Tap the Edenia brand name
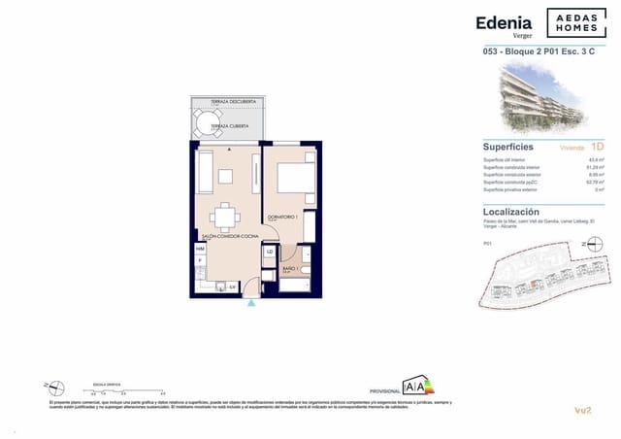[503, 22]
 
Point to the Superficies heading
[507, 147]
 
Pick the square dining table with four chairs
[223, 214]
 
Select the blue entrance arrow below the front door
[251, 302]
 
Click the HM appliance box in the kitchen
[200, 250]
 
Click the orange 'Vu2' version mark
[582, 412]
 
